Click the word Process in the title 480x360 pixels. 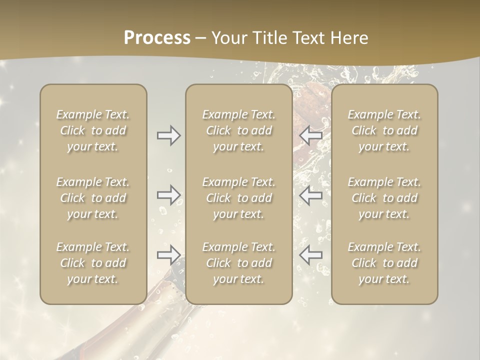157,38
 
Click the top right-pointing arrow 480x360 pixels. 169,135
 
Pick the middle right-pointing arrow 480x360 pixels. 169,195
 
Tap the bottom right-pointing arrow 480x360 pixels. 169,255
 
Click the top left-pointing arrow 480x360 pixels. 311,135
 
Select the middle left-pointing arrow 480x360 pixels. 311,195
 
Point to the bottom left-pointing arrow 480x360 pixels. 311,255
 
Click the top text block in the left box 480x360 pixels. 93,130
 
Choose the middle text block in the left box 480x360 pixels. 93,198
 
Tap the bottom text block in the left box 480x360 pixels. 93,263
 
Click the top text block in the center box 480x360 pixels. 239,130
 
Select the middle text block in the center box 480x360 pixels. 239,198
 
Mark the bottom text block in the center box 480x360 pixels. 239,263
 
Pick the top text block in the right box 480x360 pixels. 384,130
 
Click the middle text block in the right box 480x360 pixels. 384,198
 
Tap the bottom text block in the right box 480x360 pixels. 384,263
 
